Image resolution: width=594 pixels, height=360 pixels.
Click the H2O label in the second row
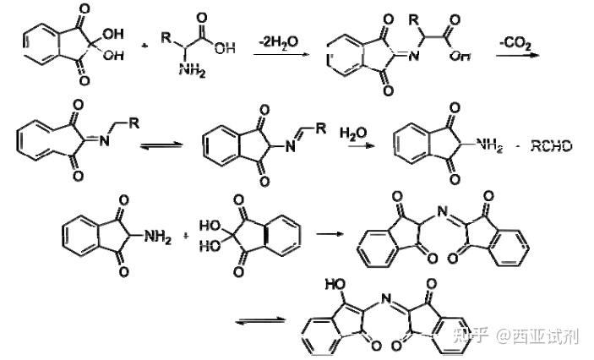coord(353,134)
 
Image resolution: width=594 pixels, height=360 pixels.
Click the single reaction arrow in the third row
coord(328,230)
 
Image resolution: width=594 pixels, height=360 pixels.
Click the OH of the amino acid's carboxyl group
coord(225,48)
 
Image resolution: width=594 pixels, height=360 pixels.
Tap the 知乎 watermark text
coord(471,336)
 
